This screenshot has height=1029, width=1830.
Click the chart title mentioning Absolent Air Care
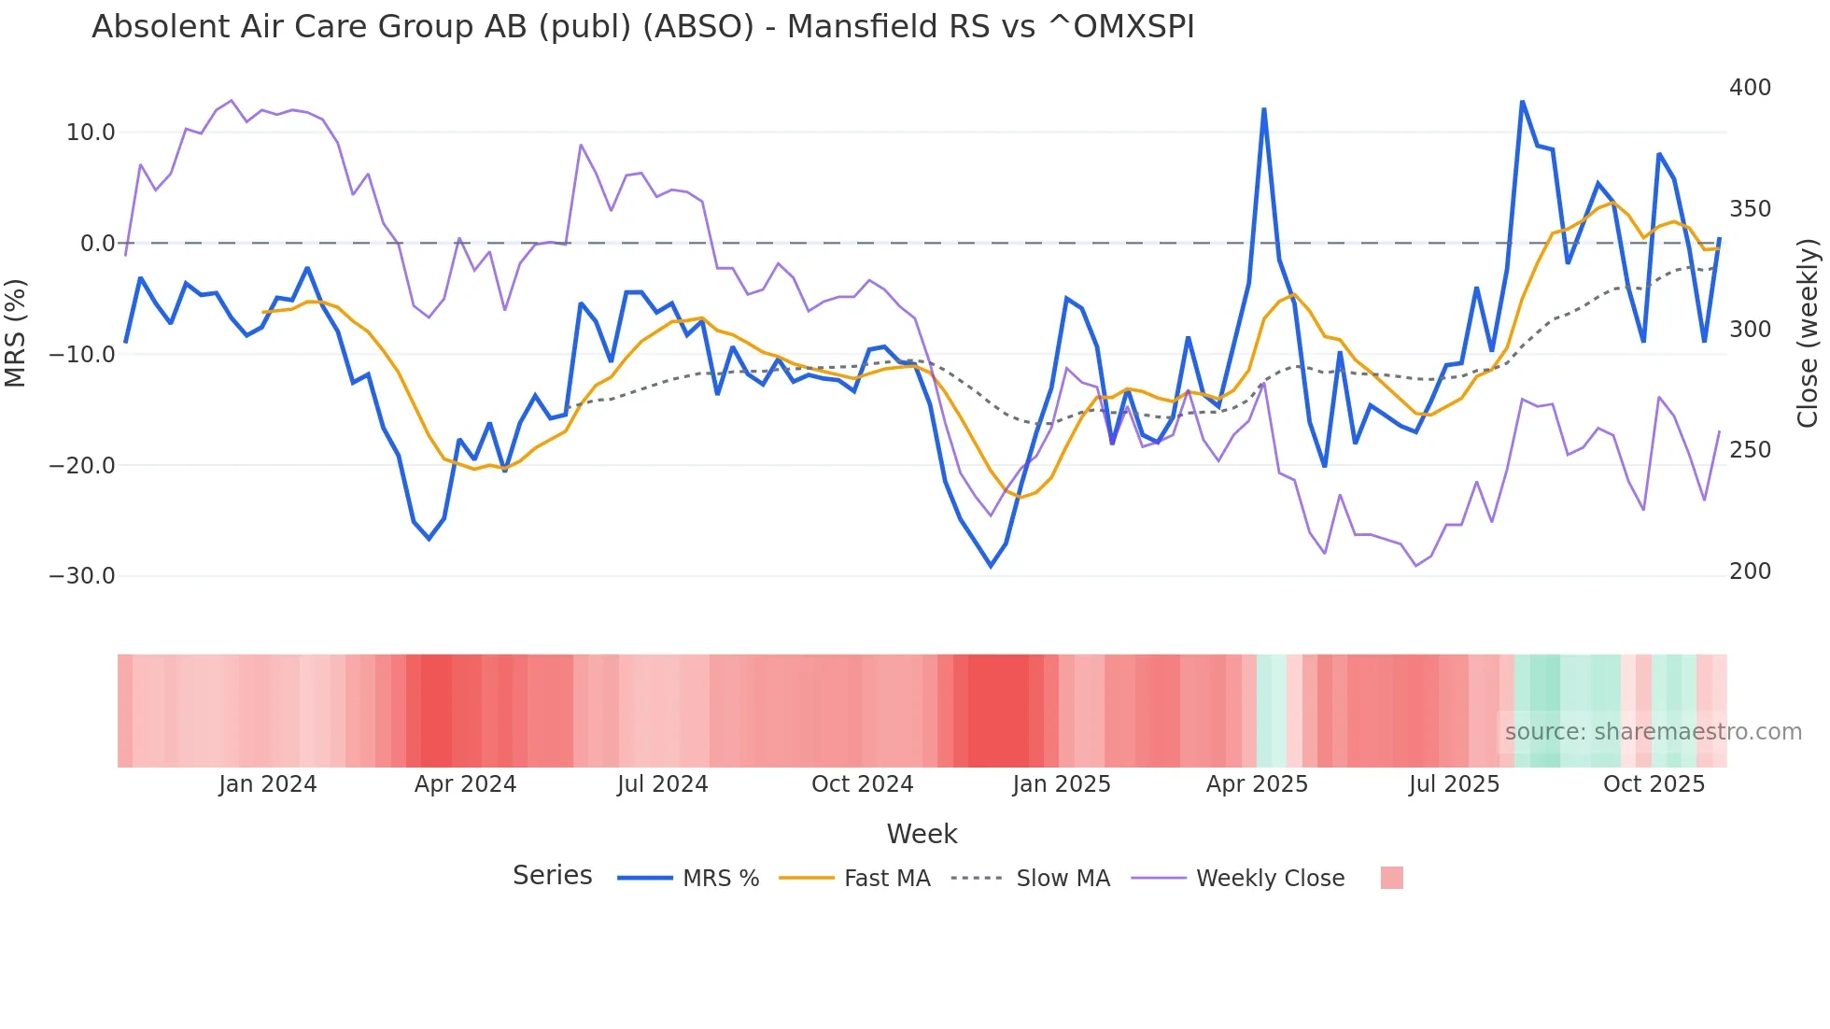coord(642,27)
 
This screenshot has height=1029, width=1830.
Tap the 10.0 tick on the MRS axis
coord(91,133)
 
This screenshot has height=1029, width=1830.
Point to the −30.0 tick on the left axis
coord(82,576)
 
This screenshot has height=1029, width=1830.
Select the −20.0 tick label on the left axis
coord(82,465)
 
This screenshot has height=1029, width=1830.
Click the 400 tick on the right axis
coord(1750,88)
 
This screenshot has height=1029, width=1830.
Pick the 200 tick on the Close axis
coord(1750,571)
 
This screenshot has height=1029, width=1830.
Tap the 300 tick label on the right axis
coord(1750,330)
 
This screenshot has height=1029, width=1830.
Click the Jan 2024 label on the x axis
coord(268,784)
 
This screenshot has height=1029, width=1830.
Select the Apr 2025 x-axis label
coord(1257,784)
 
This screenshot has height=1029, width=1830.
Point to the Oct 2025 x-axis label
coord(1654,784)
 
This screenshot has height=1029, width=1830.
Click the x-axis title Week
coord(922,834)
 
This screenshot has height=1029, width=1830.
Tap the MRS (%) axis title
coord(16,333)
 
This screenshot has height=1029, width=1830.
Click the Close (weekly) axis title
coord(1808,333)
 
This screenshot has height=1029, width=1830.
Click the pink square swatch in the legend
coord(1391,878)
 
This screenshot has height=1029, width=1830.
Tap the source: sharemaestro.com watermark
coord(1653,732)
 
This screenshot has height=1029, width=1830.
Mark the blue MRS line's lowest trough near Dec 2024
coord(991,566)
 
